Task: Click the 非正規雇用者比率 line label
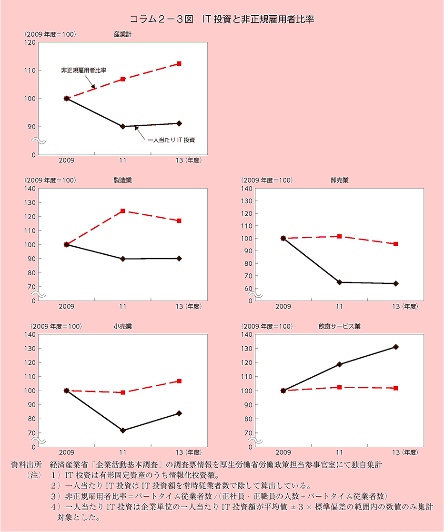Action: pos(83,70)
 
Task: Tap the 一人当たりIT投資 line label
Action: pos(172,140)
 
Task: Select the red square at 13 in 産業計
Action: pos(179,63)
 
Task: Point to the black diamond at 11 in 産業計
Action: pos(123,126)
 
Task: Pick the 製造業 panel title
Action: pos(123,180)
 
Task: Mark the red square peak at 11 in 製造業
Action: pos(123,211)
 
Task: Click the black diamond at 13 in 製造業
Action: pos(179,259)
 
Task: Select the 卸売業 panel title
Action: pos(339,180)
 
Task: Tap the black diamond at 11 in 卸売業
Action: pos(339,282)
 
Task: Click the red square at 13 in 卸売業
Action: pos(395,244)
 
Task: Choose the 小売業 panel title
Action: pos(123,326)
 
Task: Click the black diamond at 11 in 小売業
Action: pos(123,430)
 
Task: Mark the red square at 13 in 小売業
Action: pos(179,381)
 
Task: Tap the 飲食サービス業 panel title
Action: pos(339,326)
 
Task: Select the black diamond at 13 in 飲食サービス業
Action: pos(395,347)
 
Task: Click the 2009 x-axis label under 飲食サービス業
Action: pos(283,452)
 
